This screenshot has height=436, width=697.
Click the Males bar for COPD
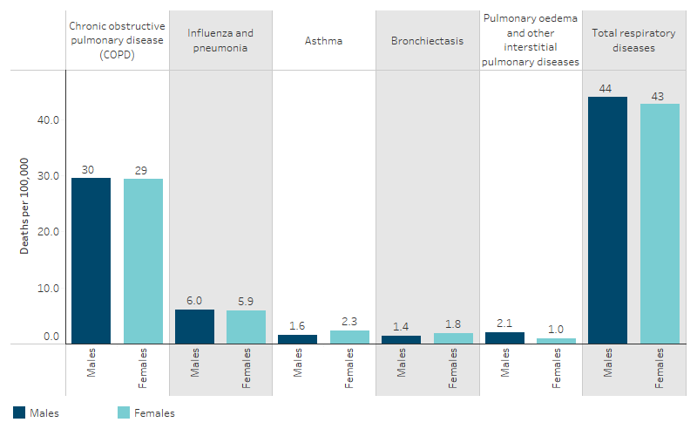tap(91, 261)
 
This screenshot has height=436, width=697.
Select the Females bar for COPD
tap(143, 262)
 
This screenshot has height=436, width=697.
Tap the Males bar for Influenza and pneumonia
tap(194, 327)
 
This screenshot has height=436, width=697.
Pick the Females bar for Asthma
tap(349, 337)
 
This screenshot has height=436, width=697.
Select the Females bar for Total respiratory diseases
tap(660, 223)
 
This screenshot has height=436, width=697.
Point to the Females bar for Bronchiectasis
tap(453, 338)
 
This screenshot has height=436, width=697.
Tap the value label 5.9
tap(247, 302)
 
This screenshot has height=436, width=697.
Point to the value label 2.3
tap(349, 322)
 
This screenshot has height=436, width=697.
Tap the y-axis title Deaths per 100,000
tap(25, 206)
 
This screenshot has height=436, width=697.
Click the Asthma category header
tap(323, 40)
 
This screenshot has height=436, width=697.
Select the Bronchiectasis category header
tap(427, 40)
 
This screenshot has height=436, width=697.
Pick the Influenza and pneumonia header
tap(220, 40)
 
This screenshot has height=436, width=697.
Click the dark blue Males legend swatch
tap(20, 412)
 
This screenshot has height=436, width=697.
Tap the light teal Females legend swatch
tap(123, 412)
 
